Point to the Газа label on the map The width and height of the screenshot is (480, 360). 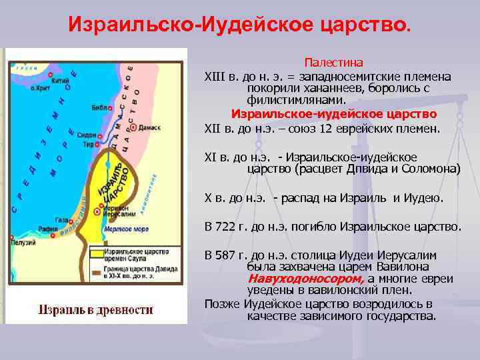[61, 219]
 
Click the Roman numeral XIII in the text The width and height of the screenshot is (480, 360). [215, 77]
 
